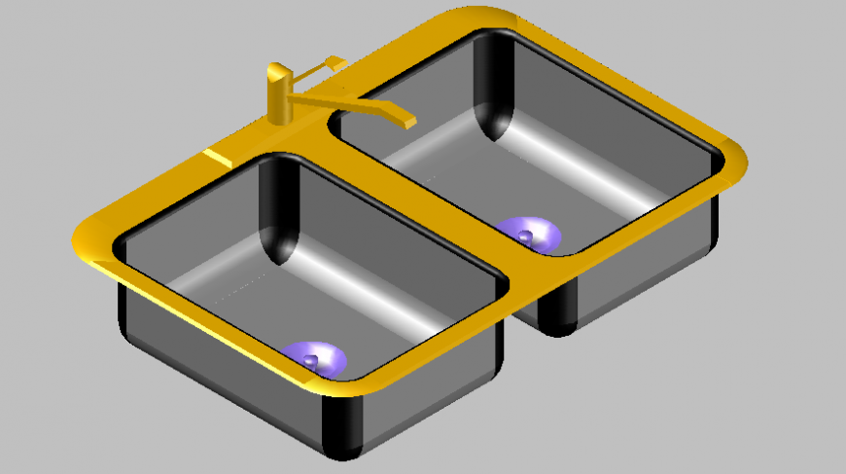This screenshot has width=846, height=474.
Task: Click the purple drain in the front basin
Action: point(314,359)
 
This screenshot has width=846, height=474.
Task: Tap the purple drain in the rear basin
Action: point(528,234)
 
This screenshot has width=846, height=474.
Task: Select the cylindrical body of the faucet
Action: point(279,101)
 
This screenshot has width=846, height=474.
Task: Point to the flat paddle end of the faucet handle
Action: point(335,62)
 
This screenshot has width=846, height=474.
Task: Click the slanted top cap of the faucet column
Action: point(278,71)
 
